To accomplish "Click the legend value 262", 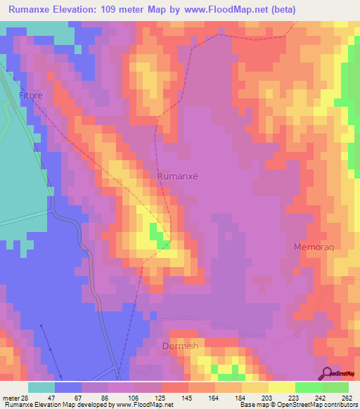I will click(x=347, y=397).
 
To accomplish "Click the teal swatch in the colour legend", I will click(x=41, y=387).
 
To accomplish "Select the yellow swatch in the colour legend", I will click(x=281, y=387).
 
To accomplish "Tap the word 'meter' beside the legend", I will click(x=10, y=397).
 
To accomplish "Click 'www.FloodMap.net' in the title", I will click(x=217, y=10).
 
